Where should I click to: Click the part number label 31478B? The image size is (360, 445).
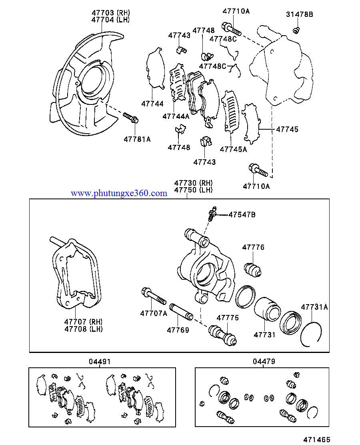[299, 15]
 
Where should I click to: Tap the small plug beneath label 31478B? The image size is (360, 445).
[296, 30]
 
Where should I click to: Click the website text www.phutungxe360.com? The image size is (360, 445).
[119, 193]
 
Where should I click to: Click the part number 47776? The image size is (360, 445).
[253, 248]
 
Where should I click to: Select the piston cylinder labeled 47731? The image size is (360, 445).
[267, 309]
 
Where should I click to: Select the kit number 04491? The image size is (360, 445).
[100, 362]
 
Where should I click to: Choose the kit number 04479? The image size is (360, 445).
[264, 362]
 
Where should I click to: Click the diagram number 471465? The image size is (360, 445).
[317, 439]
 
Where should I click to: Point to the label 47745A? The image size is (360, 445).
[233, 149]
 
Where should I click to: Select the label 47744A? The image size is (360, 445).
[176, 116]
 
